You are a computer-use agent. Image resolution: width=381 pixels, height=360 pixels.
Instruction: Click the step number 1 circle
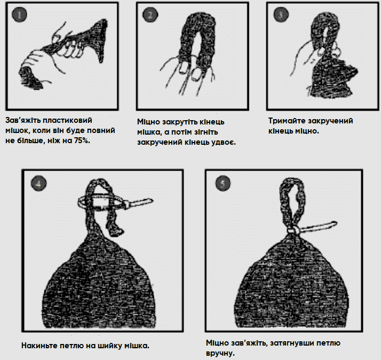[19, 14]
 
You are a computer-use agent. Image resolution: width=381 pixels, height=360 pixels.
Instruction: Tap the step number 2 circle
[150, 14]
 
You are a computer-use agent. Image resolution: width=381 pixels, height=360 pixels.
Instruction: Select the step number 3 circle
[281, 14]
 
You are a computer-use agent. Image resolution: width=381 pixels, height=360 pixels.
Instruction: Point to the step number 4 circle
[38, 183]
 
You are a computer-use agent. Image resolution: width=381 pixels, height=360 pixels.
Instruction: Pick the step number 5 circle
[223, 183]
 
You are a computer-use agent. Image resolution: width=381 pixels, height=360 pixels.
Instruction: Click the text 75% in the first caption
[82, 140]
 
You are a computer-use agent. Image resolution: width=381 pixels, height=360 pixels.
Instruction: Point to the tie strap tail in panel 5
[319, 226]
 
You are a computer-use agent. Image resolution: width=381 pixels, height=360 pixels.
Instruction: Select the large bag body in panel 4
[100, 285]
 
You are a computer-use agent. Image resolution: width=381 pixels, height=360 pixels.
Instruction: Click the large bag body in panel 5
[290, 285]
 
